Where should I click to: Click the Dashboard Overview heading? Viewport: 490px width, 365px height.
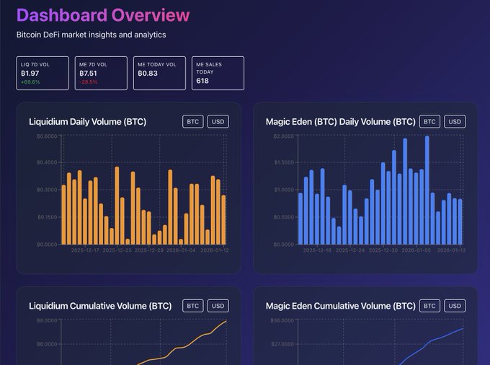(x=103, y=15)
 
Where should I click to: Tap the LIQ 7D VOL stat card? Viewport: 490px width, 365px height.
(x=43, y=73)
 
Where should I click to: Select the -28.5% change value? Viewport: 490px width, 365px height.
(x=89, y=82)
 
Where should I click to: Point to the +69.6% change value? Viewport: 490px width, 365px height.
(x=30, y=82)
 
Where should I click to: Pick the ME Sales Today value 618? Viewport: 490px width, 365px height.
(x=202, y=81)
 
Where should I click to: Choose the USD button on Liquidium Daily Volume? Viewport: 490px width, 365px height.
(x=218, y=121)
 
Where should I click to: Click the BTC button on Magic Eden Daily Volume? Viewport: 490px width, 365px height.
(x=429, y=121)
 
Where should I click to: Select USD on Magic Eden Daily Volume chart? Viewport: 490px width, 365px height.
(x=455, y=121)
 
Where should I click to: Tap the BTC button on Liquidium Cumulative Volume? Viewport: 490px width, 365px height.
(x=193, y=306)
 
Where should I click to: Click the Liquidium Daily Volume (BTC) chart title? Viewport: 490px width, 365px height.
(x=88, y=122)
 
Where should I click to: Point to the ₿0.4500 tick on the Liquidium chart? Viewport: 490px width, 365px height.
(x=47, y=162)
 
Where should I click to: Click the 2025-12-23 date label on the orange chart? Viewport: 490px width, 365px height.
(x=117, y=250)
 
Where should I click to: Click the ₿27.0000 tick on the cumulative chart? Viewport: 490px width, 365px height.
(x=283, y=344)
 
